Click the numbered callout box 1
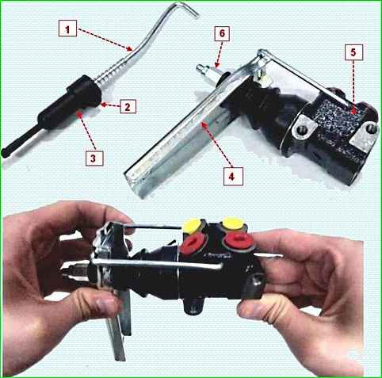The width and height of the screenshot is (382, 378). pos(67,29)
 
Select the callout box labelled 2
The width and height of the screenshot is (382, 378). pos(128,106)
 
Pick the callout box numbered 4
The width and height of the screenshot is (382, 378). pos(233,176)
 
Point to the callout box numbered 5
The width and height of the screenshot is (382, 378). pos(353,52)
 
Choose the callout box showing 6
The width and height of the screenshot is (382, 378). pos(222,33)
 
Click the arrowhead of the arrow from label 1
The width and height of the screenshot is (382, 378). pos(130,48)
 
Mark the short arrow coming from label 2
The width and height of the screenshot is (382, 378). pos(110,105)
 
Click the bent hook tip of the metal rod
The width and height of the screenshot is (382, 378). pos(196,15)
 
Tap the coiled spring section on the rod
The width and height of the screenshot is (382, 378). pos(112,72)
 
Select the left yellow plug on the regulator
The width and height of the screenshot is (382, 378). pos(192,226)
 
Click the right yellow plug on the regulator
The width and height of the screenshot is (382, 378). pos(231,223)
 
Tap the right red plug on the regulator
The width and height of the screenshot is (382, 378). pos(239,239)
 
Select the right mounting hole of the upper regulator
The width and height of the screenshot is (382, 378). pos(372,129)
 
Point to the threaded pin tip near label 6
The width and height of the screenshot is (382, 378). pos(201,69)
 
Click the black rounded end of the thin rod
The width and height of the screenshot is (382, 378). pos(5,153)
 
